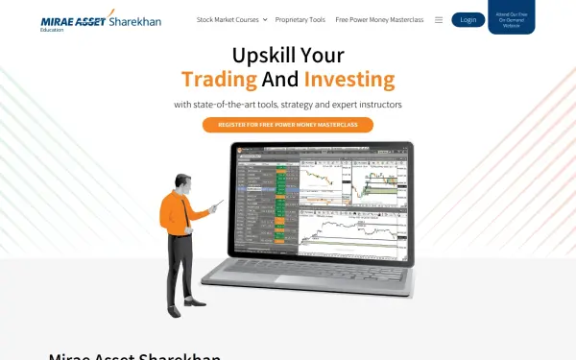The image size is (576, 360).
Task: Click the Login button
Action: tap(468, 19)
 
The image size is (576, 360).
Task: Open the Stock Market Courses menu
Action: tap(228, 19)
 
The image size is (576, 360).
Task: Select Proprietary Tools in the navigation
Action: tap(300, 19)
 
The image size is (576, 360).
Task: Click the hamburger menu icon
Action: tap(439, 19)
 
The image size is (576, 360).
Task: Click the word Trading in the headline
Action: tap(219, 79)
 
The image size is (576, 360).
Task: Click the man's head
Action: tap(183, 181)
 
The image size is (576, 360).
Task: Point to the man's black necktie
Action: tap(184, 215)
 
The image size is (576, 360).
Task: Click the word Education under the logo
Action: tap(53, 30)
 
